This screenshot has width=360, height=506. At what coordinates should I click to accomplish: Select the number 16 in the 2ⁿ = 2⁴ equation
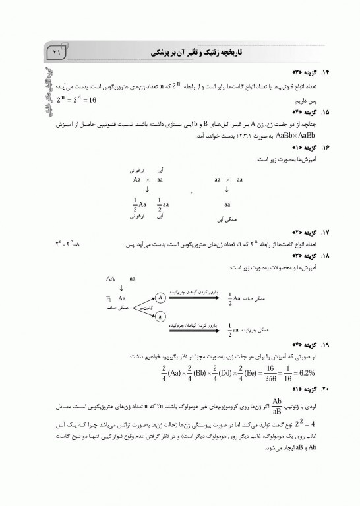coord(90,99)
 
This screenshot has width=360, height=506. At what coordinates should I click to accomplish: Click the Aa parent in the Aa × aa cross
coord(137,179)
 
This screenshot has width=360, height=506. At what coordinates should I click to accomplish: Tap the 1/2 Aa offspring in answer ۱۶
coord(136,204)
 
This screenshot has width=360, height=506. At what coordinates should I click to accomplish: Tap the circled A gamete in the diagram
coord(161,296)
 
